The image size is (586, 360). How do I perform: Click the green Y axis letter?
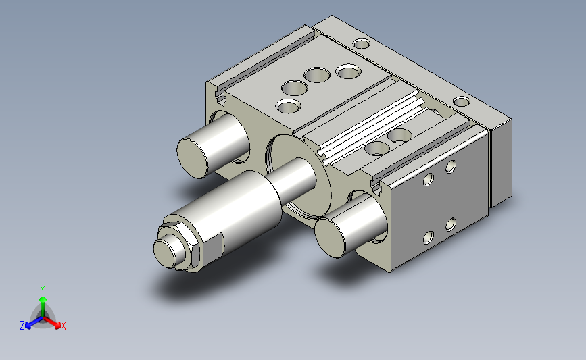coord(43,290)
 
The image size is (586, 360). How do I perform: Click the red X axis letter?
coord(63,326)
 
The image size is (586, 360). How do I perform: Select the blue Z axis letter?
coord(22,326)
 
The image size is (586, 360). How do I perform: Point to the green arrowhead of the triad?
coord(43,299)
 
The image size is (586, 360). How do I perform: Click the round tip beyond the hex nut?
coord(164,253)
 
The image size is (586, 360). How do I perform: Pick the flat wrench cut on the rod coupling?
coord(214,248)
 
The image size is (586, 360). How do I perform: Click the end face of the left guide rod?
coord(193,158)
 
